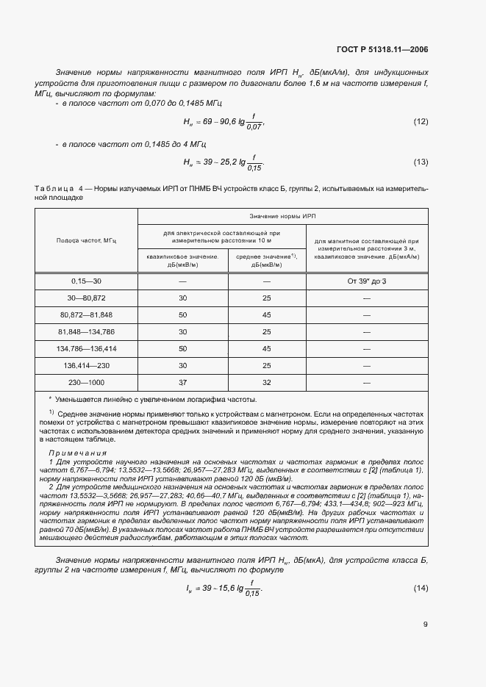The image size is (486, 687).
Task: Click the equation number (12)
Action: pyautogui.click(x=421, y=121)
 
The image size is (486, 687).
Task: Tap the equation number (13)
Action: pyautogui.click(x=421, y=162)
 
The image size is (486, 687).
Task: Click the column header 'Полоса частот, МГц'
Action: pyautogui.click(x=87, y=240)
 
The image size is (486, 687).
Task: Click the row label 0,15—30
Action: pyautogui.click(x=87, y=281)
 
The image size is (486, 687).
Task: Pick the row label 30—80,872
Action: pyautogui.click(x=87, y=298)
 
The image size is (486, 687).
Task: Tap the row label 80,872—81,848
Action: pyautogui.click(x=87, y=315)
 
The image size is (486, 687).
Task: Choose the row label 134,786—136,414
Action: pyautogui.click(x=87, y=348)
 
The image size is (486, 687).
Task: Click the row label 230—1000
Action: pyautogui.click(x=87, y=382)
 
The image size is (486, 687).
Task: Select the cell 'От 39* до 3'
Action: pyautogui.click(x=365, y=281)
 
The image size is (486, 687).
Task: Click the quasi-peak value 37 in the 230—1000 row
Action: pyautogui.click(x=183, y=382)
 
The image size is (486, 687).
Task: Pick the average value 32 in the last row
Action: pyautogui.click(x=266, y=382)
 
